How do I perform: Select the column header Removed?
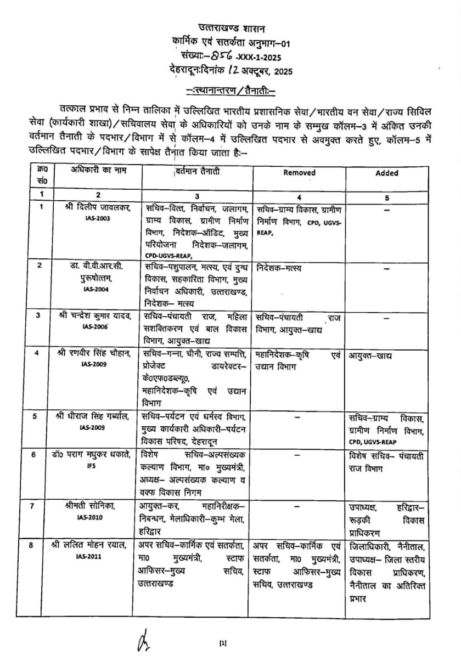299,172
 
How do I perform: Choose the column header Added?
387,173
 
